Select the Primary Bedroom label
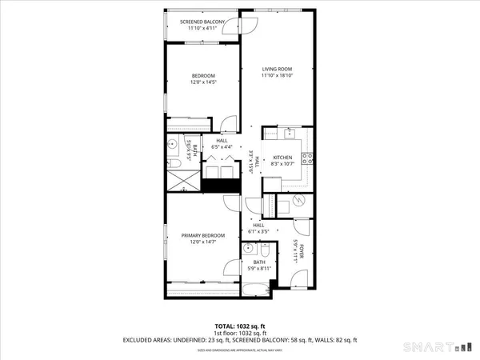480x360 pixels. click(202, 235)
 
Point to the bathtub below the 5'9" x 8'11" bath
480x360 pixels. click(258, 287)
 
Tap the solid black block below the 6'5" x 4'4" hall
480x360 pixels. click(220, 186)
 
